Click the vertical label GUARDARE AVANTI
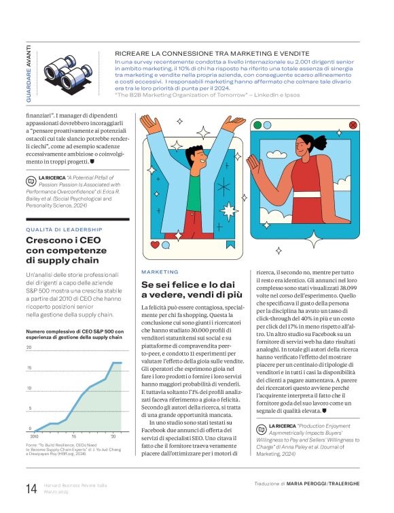29,73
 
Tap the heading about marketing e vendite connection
212,52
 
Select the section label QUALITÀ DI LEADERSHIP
64,229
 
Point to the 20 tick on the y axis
29,348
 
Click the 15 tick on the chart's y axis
29,368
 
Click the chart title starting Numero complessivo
74,335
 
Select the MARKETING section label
160,271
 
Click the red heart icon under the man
156,244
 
